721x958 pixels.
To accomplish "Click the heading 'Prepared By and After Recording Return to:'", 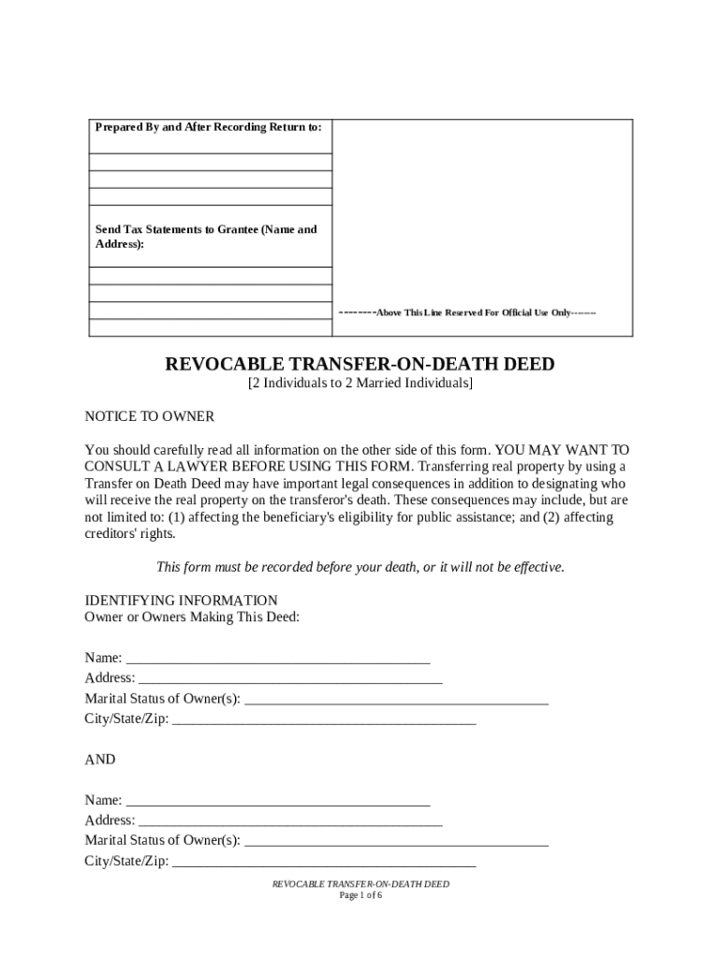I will pyautogui.click(x=208, y=127).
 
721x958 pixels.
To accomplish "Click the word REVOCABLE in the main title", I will pyautogui.click(x=226, y=364).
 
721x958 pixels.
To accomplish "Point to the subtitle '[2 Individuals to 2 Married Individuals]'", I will pyautogui.click(x=360, y=385).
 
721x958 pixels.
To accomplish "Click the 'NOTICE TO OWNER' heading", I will pyautogui.click(x=150, y=416).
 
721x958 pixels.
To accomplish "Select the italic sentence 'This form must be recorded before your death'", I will pyautogui.click(x=360, y=568).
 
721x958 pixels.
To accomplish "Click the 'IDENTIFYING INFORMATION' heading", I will pyautogui.click(x=181, y=601).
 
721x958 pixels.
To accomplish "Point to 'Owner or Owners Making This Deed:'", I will pyautogui.click(x=192, y=617).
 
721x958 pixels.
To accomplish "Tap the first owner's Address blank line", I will pyautogui.click(x=289, y=681).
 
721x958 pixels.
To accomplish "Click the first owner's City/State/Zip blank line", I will pyautogui.click(x=324, y=722).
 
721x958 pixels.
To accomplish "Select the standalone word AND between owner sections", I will pyautogui.click(x=100, y=760).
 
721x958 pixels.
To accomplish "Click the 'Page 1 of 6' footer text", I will pyautogui.click(x=360, y=895).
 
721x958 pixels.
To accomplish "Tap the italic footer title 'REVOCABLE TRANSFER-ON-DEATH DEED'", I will pyautogui.click(x=360, y=884).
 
